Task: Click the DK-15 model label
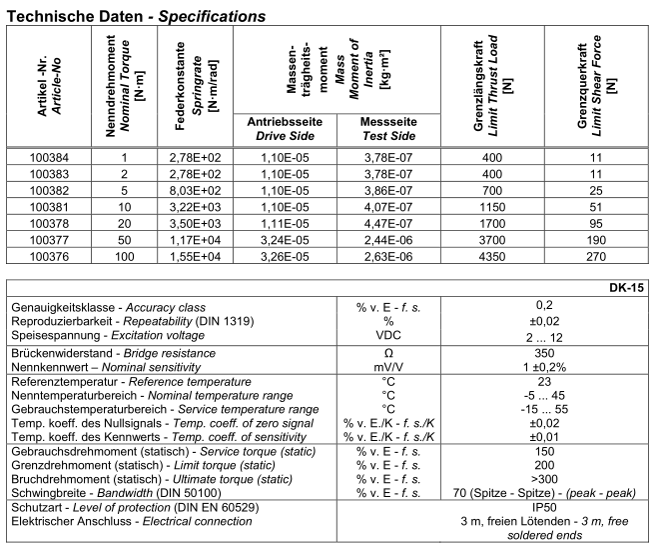click(626, 287)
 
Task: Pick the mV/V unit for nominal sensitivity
click(389, 368)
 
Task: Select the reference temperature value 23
click(544, 382)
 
